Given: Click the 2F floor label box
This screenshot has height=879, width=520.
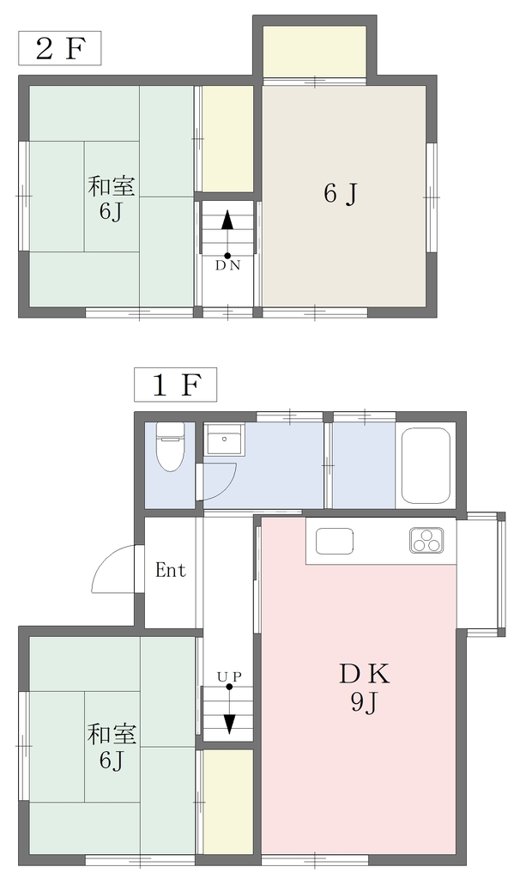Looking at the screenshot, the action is [x=60, y=48].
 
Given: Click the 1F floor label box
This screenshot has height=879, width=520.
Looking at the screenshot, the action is [x=175, y=385].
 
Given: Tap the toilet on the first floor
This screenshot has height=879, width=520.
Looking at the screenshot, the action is [x=170, y=446].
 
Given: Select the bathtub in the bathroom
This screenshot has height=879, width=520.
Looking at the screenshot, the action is [x=426, y=466].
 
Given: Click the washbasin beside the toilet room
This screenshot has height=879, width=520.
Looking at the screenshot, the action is [x=224, y=440].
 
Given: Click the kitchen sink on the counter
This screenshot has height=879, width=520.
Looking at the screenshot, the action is [x=335, y=541].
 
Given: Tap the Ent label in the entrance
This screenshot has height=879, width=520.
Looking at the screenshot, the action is [x=171, y=571].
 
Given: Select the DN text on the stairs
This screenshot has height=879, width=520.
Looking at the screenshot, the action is [x=227, y=266].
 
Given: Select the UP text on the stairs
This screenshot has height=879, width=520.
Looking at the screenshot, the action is [x=229, y=676].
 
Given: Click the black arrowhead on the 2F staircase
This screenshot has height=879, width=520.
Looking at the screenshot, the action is [x=227, y=220].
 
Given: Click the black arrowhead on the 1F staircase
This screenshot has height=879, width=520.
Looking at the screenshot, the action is [x=229, y=723].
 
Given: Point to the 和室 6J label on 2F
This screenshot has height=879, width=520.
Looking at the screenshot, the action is [x=112, y=198].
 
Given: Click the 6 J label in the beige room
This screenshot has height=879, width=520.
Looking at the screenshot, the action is [x=340, y=194].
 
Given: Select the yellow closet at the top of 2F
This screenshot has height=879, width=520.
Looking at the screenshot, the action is [x=315, y=51].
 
